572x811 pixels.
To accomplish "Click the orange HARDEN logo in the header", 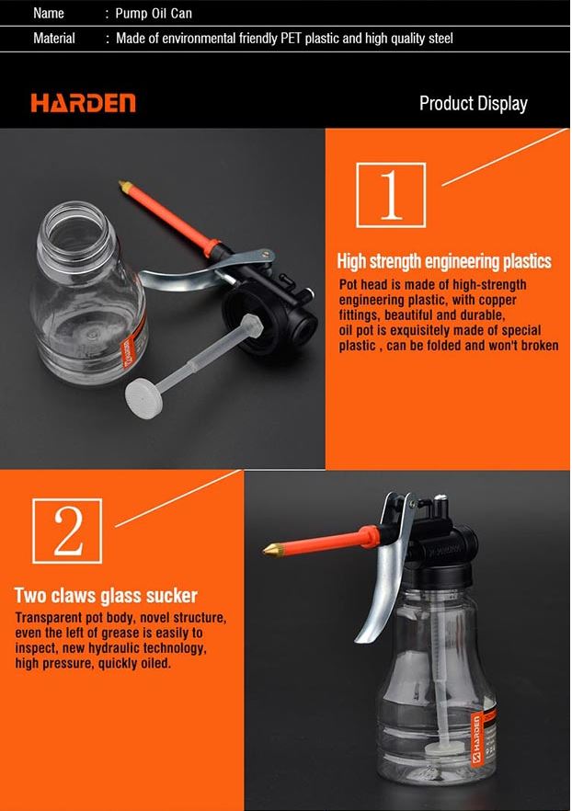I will coord(83,102).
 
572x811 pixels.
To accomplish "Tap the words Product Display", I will coord(473,103).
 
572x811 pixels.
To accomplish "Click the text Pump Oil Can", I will coord(154,14).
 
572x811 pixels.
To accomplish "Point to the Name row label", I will coord(49,14).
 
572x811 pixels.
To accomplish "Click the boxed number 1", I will coord(390,194).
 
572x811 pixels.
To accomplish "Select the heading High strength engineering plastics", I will coord(444,261).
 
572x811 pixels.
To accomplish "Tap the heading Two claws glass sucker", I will coord(106,596).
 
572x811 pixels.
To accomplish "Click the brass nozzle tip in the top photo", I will coord(122,187).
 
